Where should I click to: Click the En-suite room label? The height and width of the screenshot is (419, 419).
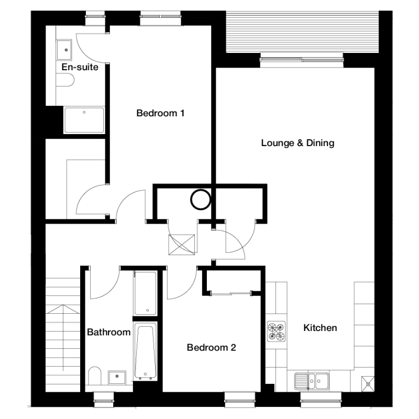pyautogui.click(x=80, y=67)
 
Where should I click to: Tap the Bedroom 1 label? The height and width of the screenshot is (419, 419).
pyautogui.click(x=160, y=113)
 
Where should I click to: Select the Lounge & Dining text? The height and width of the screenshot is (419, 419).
pyautogui.click(x=297, y=143)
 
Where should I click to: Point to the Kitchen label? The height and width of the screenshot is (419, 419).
pyautogui.click(x=320, y=328)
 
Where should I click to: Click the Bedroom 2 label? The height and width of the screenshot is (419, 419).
pyautogui.click(x=212, y=347)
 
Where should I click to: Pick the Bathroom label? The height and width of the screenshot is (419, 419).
pyautogui.click(x=109, y=332)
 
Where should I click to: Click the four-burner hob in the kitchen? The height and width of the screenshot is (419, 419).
pyautogui.click(x=277, y=332)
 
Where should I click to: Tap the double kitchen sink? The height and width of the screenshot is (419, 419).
pyautogui.click(x=312, y=381)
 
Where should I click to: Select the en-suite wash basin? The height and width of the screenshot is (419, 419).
pyautogui.click(x=64, y=50)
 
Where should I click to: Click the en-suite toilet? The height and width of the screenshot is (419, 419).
pyautogui.click(x=65, y=80)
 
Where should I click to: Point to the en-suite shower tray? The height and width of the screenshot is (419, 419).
pyautogui.click(x=84, y=120)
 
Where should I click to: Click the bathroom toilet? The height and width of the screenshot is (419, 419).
pyautogui.click(x=95, y=376)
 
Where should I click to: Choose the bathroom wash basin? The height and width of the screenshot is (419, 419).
pyautogui.click(x=117, y=377)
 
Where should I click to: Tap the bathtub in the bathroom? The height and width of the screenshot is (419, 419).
pyautogui.click(x=146, y=351)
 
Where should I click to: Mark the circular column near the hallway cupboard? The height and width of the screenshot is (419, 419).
pyautogui.click(x=201, y=200)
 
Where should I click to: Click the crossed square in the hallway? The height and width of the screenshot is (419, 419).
pyautogui.click(x=182, y=245)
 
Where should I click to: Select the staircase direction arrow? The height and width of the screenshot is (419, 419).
pyautogui.click(x=63, y=337)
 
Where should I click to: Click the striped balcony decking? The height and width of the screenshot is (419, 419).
pyautogui.click(x=302, y=32)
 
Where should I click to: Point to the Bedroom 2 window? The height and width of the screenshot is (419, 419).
pyautogui.click(x=240, y=400)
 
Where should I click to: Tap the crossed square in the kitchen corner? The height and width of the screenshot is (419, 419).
pyautogui.click(x=368, y=384)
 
